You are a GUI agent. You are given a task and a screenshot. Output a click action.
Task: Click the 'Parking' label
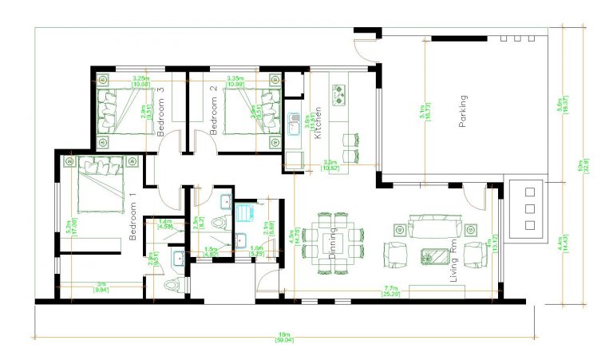462,112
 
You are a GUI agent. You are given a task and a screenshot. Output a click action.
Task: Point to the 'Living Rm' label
454,263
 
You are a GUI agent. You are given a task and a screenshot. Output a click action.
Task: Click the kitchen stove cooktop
339,94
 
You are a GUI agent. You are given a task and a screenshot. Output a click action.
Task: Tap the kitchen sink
295,121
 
